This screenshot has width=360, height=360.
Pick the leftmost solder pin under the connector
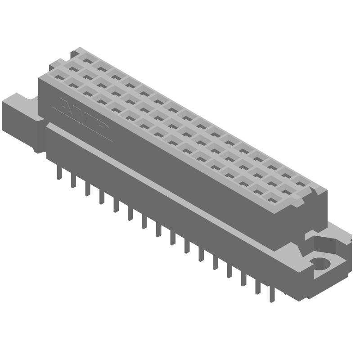tap(59, 173)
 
